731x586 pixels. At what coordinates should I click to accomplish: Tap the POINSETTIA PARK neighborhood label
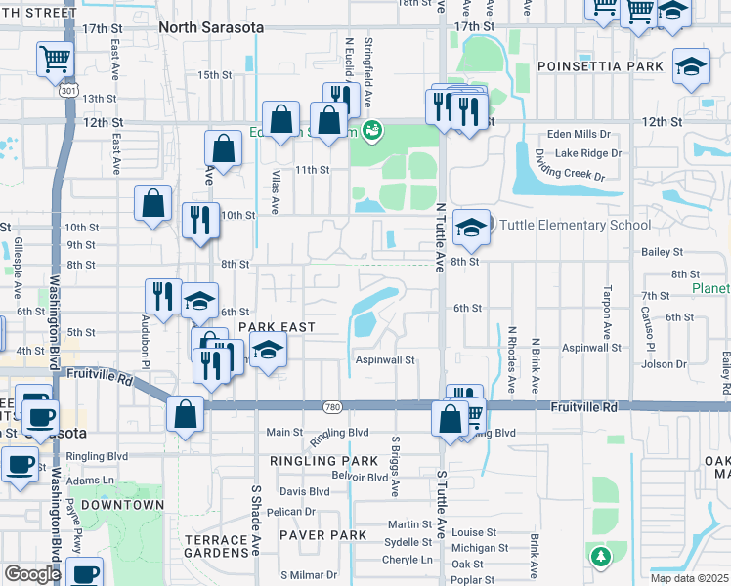coord(600,66)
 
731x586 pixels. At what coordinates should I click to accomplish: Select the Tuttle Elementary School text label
coord(575,226)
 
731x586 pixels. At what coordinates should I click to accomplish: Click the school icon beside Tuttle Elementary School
coord(471,228)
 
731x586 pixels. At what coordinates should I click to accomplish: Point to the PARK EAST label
coord(277,326)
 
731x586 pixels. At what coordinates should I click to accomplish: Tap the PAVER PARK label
coord(322,535)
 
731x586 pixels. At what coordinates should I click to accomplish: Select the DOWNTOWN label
coord(122,505)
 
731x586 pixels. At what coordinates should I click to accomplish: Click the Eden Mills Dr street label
coord(579,134)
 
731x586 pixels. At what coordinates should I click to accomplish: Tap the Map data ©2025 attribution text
coord(689,578)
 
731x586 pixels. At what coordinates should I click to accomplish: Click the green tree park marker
coord(599,556)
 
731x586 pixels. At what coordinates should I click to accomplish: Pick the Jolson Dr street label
coord(665,364)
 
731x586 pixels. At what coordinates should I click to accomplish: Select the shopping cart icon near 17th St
coord(55,59)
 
